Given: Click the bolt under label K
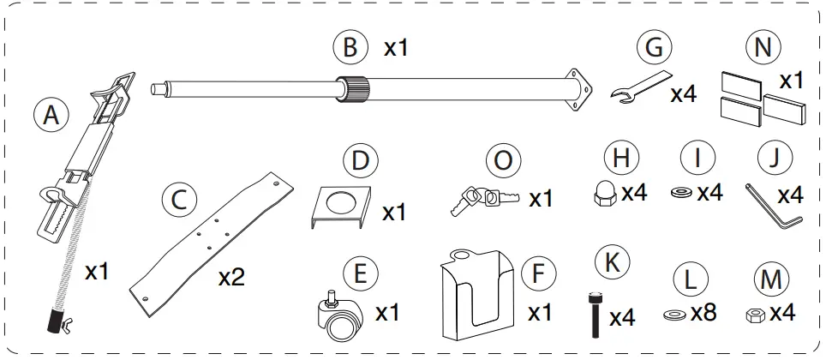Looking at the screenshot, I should [593, 315].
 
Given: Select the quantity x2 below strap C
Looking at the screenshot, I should [233, 278].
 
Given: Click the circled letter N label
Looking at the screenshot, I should [757, 48].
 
